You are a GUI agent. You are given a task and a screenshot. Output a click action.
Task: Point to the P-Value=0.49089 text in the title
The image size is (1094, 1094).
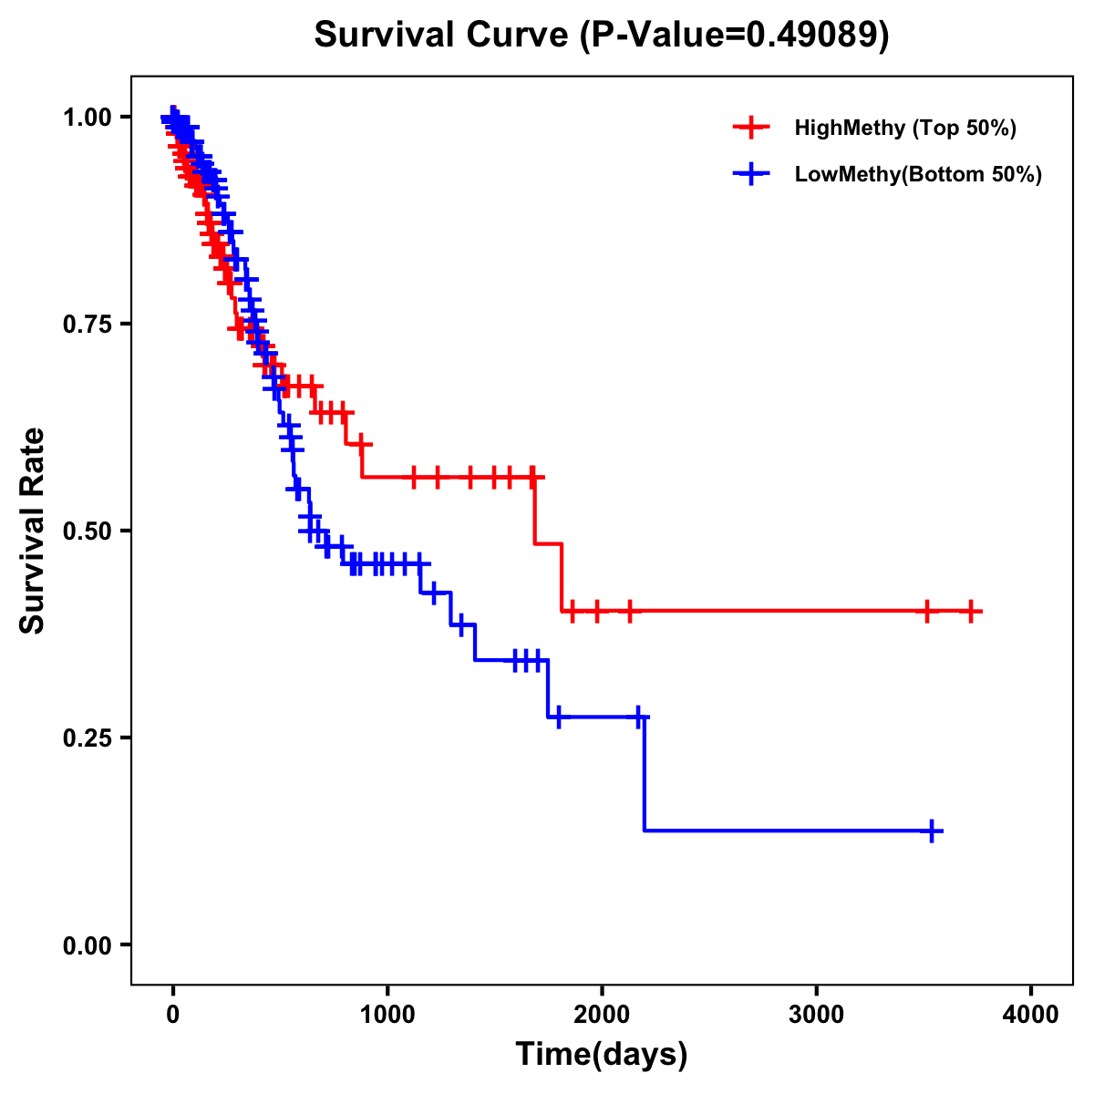(x=734, y=35)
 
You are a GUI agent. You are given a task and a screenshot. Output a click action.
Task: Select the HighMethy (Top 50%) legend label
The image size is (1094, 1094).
(x=904, y=128)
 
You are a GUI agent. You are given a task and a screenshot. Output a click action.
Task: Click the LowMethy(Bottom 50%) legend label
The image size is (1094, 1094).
(x=918, y=174)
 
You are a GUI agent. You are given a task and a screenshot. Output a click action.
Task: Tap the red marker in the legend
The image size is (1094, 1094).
(x=751, y=128)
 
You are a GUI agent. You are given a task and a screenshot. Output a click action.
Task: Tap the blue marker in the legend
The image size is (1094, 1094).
(x=751, y=174)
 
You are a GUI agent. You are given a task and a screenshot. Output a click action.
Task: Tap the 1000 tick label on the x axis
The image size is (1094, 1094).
(x=387, y=1015)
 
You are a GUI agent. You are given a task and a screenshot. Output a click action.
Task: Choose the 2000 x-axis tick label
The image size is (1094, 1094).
(x=602, y=1015)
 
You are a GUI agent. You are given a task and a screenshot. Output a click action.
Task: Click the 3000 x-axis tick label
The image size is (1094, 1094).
(x=817, y=1015)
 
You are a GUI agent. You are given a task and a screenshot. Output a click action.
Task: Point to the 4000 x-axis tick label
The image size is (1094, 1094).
(x=1031, y=1015)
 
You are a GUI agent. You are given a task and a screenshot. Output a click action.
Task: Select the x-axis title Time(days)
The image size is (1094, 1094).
(x=602, y=1055)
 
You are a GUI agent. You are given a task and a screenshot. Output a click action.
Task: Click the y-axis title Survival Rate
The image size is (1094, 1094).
(x=33, y=530)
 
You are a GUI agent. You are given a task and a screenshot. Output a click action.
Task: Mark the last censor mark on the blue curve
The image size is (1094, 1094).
(x=932, y=831)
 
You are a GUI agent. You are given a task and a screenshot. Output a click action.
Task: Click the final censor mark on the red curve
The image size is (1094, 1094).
(x=971, y=611)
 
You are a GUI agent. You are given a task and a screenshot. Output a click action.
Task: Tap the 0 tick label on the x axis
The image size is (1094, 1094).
(x=172, y=1015)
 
